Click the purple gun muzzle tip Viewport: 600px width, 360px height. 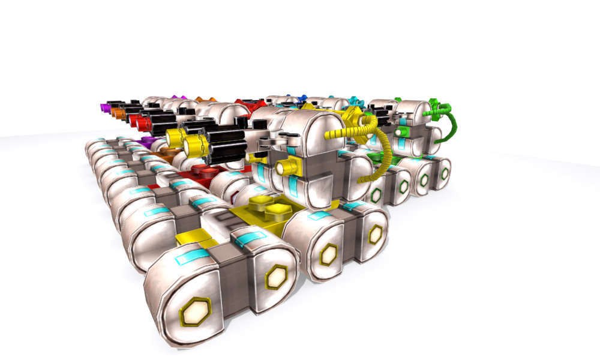point(103,107)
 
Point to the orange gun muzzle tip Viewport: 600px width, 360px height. point(116,112)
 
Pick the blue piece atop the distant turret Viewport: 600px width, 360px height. point(303,97)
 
